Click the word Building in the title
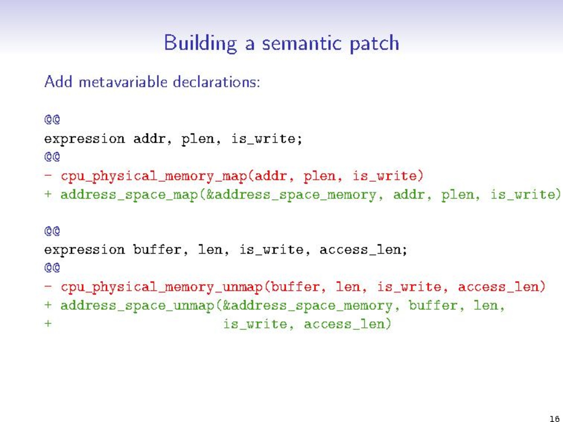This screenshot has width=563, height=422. (200, 43)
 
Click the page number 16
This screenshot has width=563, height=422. (554, 418)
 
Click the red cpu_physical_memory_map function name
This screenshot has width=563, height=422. (154, 176)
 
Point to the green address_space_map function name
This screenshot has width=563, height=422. (130, 195)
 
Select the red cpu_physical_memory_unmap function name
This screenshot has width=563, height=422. (162, 287)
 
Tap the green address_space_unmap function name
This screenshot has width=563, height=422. (137, 306)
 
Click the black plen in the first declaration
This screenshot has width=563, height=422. (198, 139)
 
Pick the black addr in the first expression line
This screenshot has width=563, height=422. (149, 139)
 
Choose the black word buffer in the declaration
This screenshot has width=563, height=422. (157, 249)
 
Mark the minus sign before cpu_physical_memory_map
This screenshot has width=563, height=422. (48, 175)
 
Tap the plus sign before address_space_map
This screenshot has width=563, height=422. (48, 194)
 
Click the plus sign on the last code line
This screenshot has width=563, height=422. (48, 323)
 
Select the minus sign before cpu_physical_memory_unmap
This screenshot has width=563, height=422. (48, 286)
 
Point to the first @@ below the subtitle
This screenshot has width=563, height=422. (52, 120)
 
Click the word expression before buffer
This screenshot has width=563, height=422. (84, 250)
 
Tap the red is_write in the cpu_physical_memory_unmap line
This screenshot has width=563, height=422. (409, 287)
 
